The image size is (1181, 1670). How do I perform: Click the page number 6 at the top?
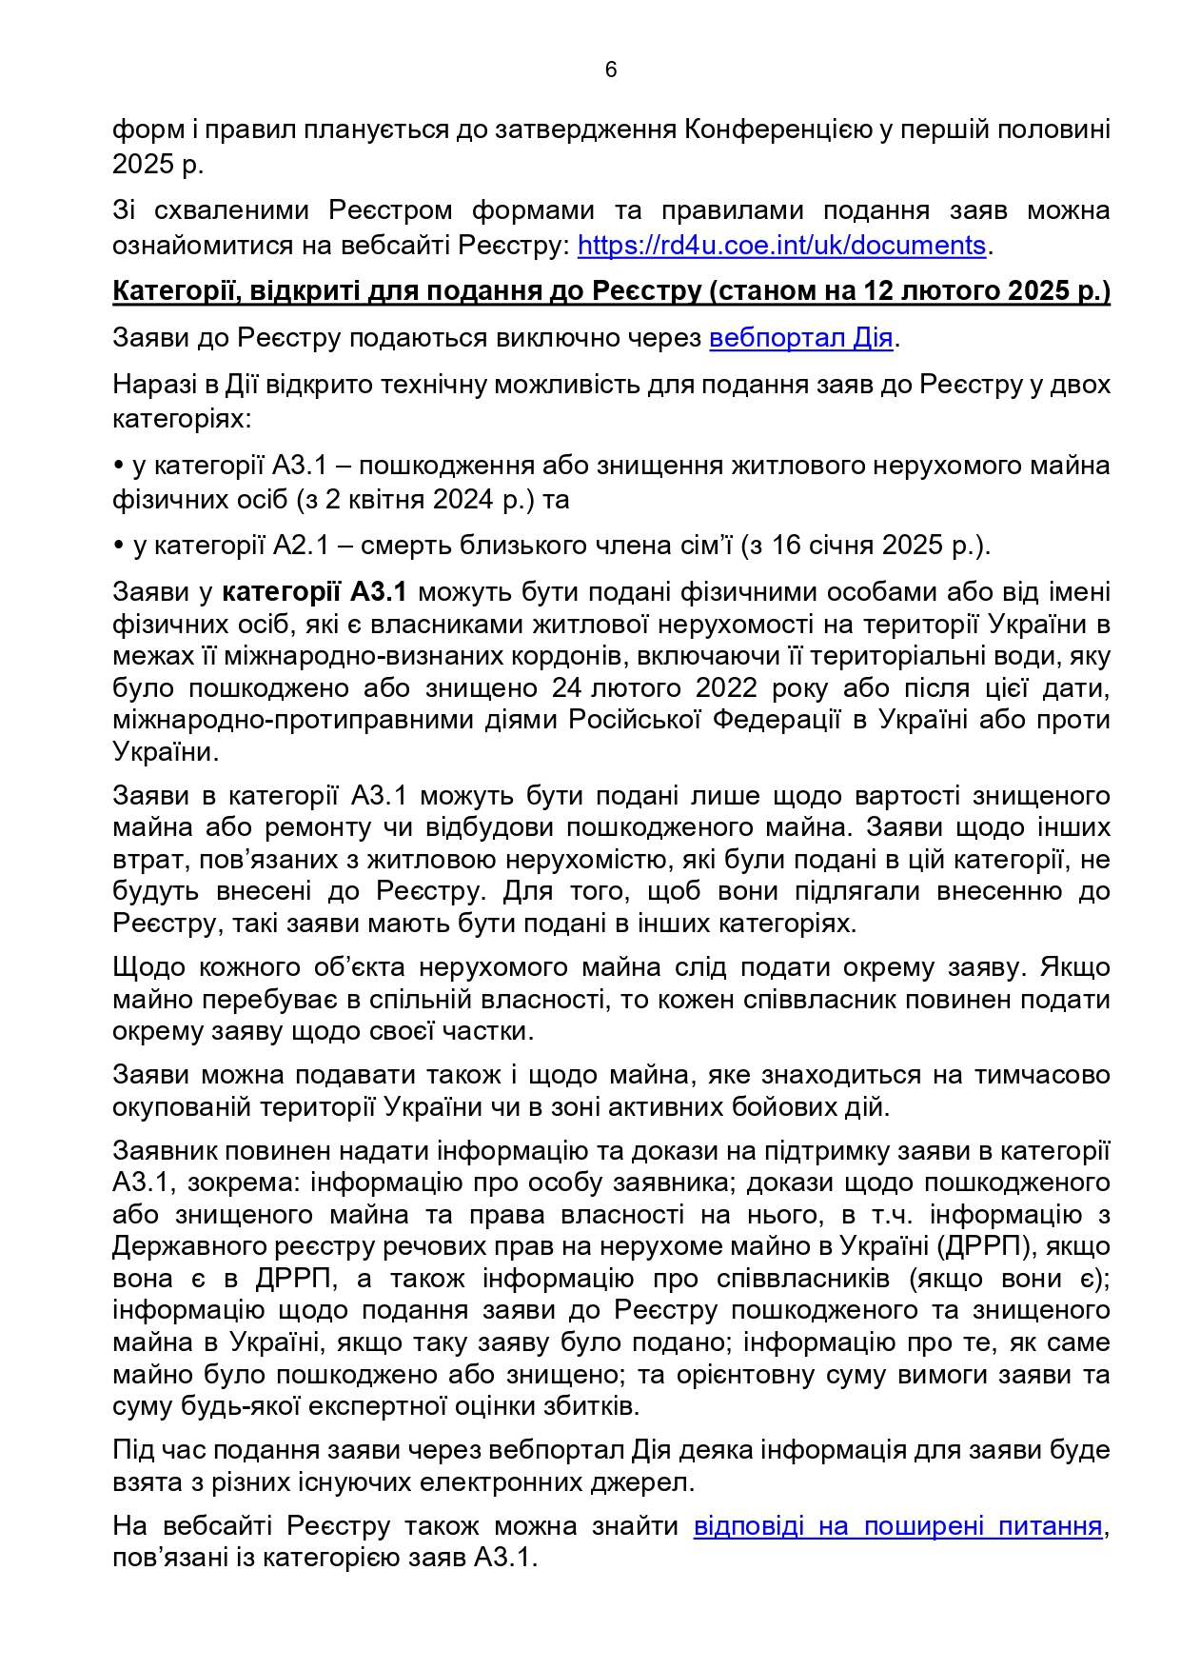610,70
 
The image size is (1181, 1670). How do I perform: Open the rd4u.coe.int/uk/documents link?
781,246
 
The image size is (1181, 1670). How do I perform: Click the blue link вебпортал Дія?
800,338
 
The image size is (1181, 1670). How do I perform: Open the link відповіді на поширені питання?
897,1526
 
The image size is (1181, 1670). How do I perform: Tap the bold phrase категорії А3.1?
314,592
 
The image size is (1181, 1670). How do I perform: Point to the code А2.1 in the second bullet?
300,546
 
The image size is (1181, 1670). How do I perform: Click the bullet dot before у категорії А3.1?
119,466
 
